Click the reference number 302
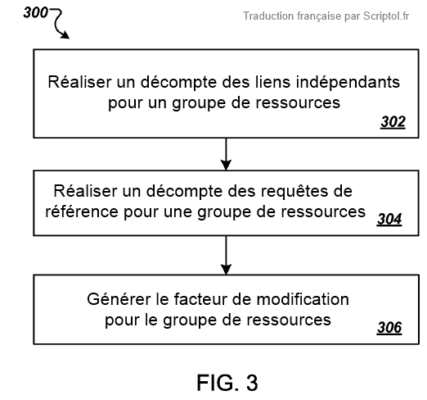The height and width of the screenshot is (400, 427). tap(393, 122)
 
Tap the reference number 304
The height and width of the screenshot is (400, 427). tap(389, 219)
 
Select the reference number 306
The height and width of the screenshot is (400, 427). tap(389, 327)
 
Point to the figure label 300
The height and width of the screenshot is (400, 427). tap(35, 12)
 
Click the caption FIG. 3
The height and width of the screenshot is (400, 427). tap(227, 383)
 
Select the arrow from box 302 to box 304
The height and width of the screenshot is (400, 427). tap(226, 154)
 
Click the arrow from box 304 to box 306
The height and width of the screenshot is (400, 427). tap(226, 255)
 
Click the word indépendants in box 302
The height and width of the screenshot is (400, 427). tap(348, 82)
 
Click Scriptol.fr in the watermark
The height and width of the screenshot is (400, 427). tap(386, 16)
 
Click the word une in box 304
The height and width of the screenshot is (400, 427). tap(178, 212)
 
